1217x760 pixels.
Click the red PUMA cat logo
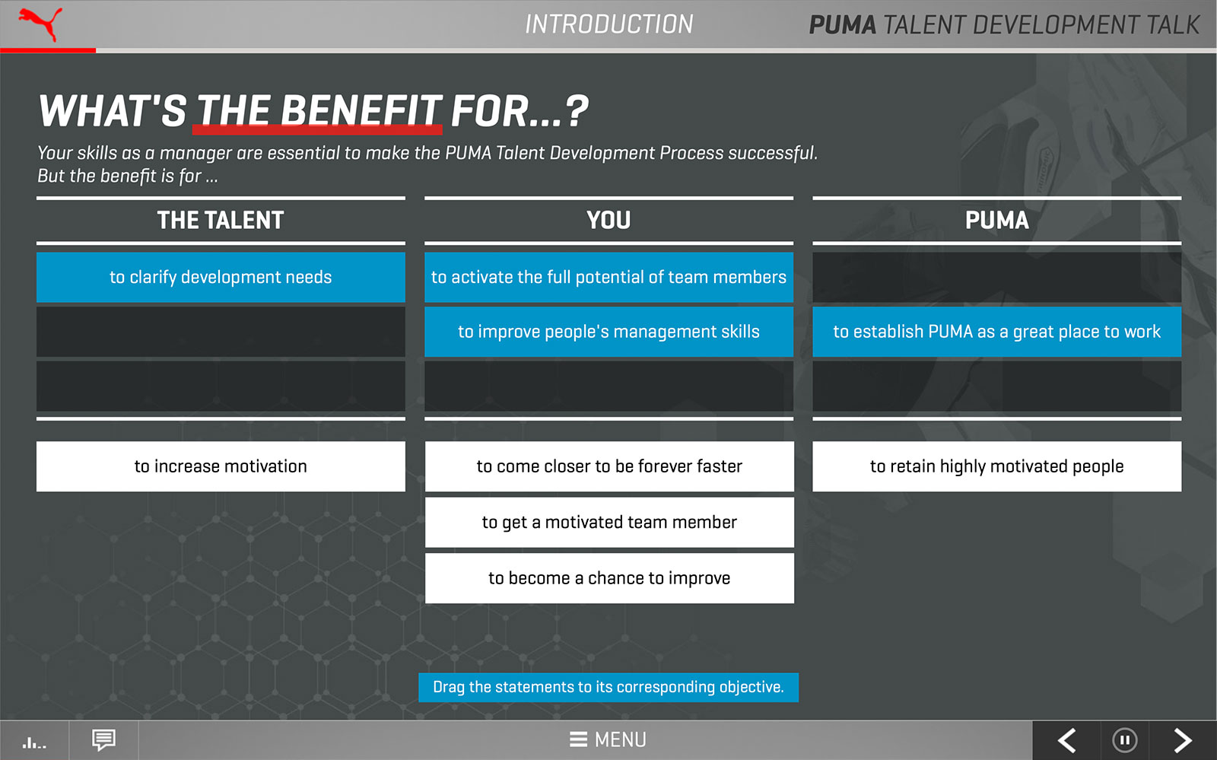pyautogui.click(x=41, y=24)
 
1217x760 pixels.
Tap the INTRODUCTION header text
pyautogui.click(x=608, y=24)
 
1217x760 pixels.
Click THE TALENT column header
pyautogui.click(x=221, y=220)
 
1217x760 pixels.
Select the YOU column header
pyautogui.click(x=608, y=220)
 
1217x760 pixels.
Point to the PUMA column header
pyautogui.click(x=996, y=220)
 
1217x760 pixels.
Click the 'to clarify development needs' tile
pyautogui.click(x=221, y=277)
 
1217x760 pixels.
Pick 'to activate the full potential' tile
pyautogui.click(x=608, y=277)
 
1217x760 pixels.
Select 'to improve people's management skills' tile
pyautogui.click(x=608, y=332)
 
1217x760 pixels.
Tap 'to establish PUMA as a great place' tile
pyautogui.click(x=996, y=332)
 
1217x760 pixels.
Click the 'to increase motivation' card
pyautogui.click(x=221, y=466)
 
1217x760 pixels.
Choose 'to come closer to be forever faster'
pyautogui.click(x=609, y=466)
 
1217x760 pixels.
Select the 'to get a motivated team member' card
pyautogui.click(x=609, y=522)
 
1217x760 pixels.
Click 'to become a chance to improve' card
pyautogui.click(x=609, y=578)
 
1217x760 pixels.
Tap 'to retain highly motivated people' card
pyautogui.click(x=996, y=466)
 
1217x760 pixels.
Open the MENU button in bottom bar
pyautogui.click(x=608, y=739)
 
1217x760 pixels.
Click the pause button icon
pyautogui.click(x=1125, y=740)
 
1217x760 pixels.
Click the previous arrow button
pyautogui.click(x=1066, y=740)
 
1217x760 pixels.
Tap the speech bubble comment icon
pyautogui.click(x=103, y=740)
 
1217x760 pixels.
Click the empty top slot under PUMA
pyautogui.click(x=996, y=277)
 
